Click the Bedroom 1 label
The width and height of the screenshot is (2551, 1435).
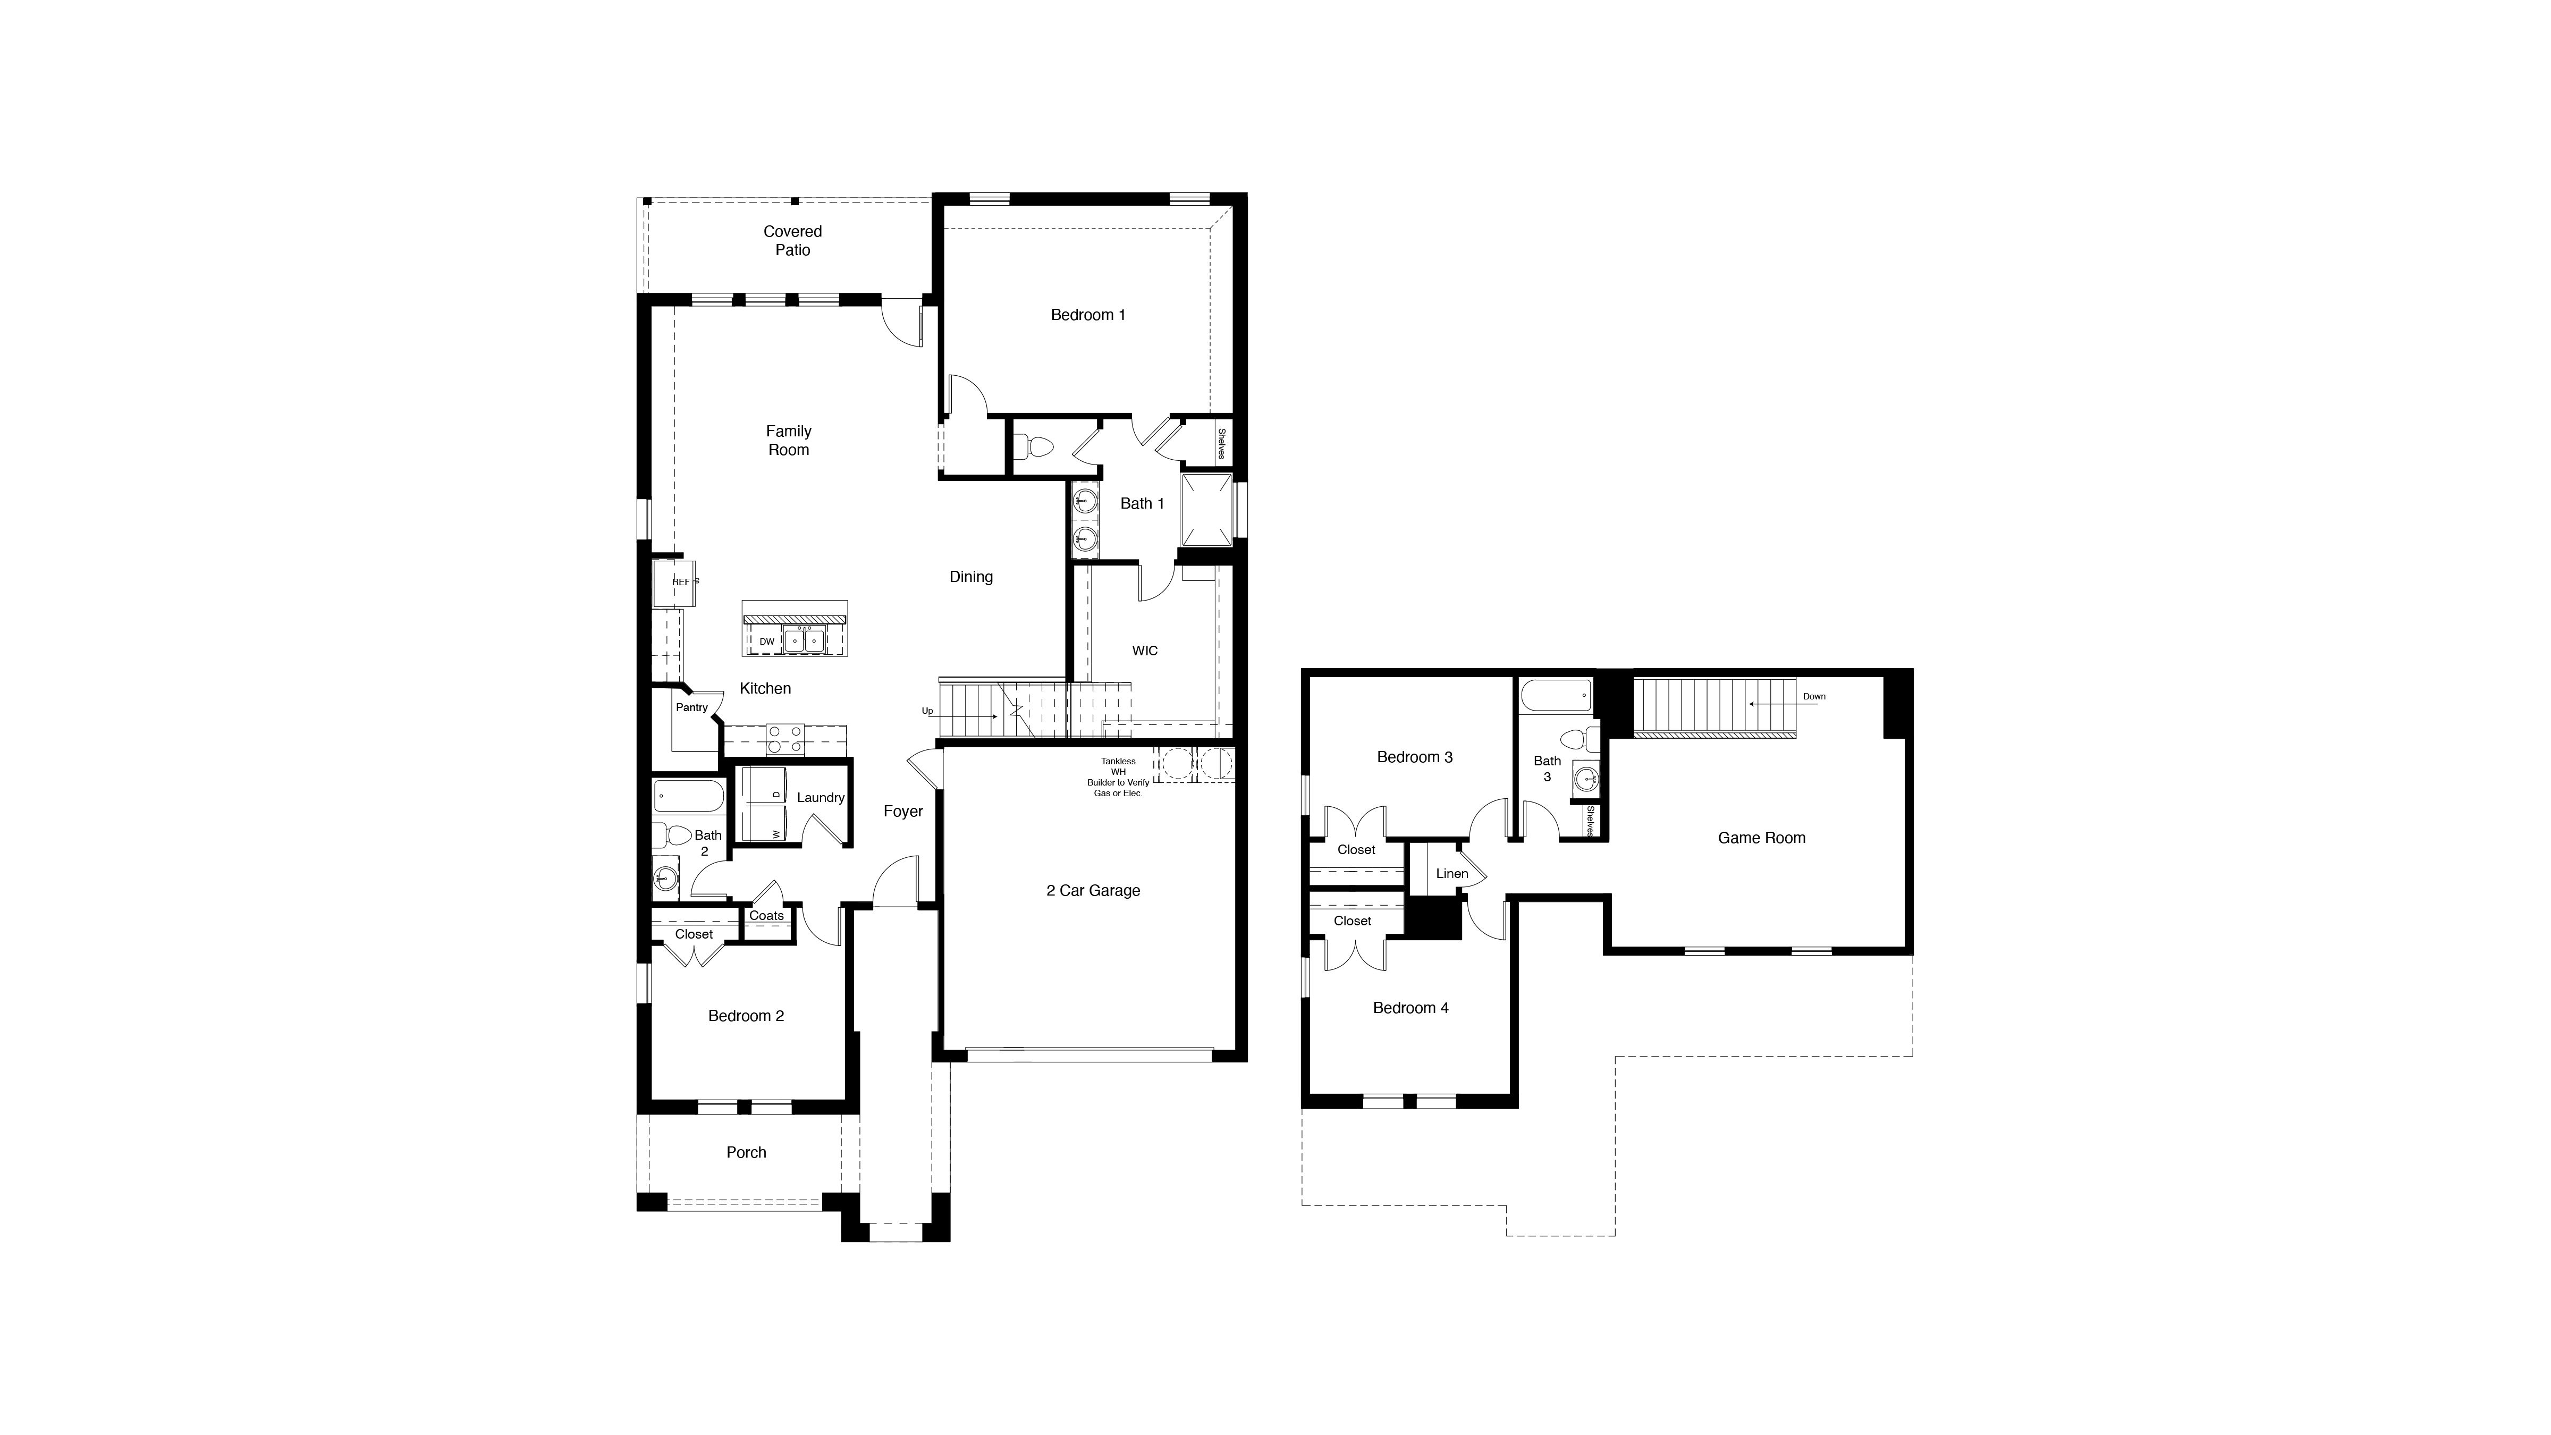click(x=1087, y=315)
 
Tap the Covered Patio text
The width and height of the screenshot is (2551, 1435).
click(x=792, y=241)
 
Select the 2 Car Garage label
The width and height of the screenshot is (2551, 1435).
click(x=1092, y=890)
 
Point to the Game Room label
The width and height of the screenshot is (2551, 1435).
click(x=1761, y=838)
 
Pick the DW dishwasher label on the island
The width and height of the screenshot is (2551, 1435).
click(x=766, y=641)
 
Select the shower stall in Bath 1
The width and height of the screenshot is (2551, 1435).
click(x=1205, y=510)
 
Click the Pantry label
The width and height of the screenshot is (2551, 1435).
click(x=691, y=707)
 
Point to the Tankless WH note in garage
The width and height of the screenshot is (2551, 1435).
click(x=1118, y=778)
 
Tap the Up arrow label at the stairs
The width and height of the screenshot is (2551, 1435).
click(x=927, y=711)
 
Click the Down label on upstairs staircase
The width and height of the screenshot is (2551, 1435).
click(x=1813, y=696)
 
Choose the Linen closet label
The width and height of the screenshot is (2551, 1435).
click(x=1452, y=873)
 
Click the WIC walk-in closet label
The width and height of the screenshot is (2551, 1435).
click(x=1145, y=651)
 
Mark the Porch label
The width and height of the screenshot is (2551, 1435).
click(x=746, y=1153)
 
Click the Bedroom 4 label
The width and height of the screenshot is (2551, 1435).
click(x=1410, y=1008)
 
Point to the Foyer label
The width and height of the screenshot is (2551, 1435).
click(x=902, y=811)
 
